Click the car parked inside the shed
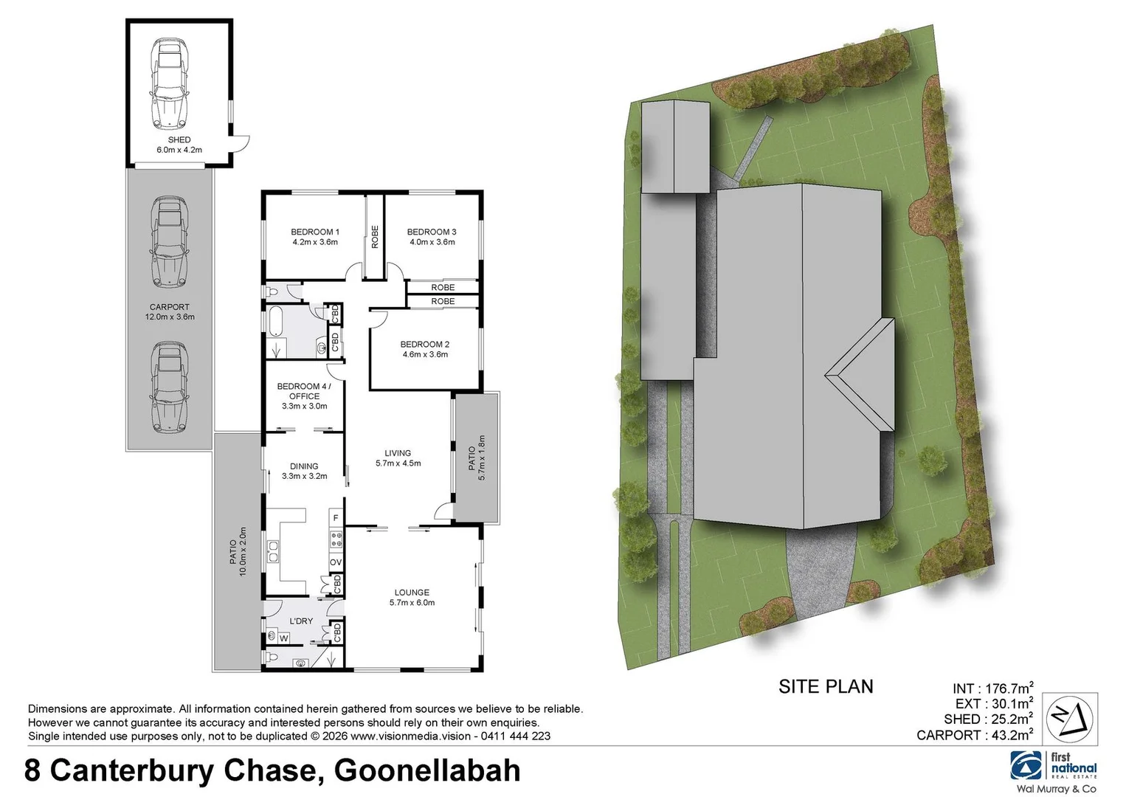pos(169,81)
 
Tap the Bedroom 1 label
pos(315,232)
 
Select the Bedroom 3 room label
pos(432,232)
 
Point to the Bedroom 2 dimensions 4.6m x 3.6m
pos(425,354)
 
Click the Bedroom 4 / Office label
pos(304,391)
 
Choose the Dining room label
pos(304,466)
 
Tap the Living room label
pos(398,453)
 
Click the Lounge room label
pos(412,593)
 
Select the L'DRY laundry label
pos(301,621)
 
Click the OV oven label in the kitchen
pos(336,562)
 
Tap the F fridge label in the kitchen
pos(336,519)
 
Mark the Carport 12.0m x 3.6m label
pos(170,311)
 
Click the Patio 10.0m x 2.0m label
pos(238,551)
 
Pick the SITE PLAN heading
pos(826,687)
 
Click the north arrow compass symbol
pos(1069,720)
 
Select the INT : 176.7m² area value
pos(993,689)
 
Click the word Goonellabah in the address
pos(427,771)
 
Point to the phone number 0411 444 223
pos(516,736)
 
